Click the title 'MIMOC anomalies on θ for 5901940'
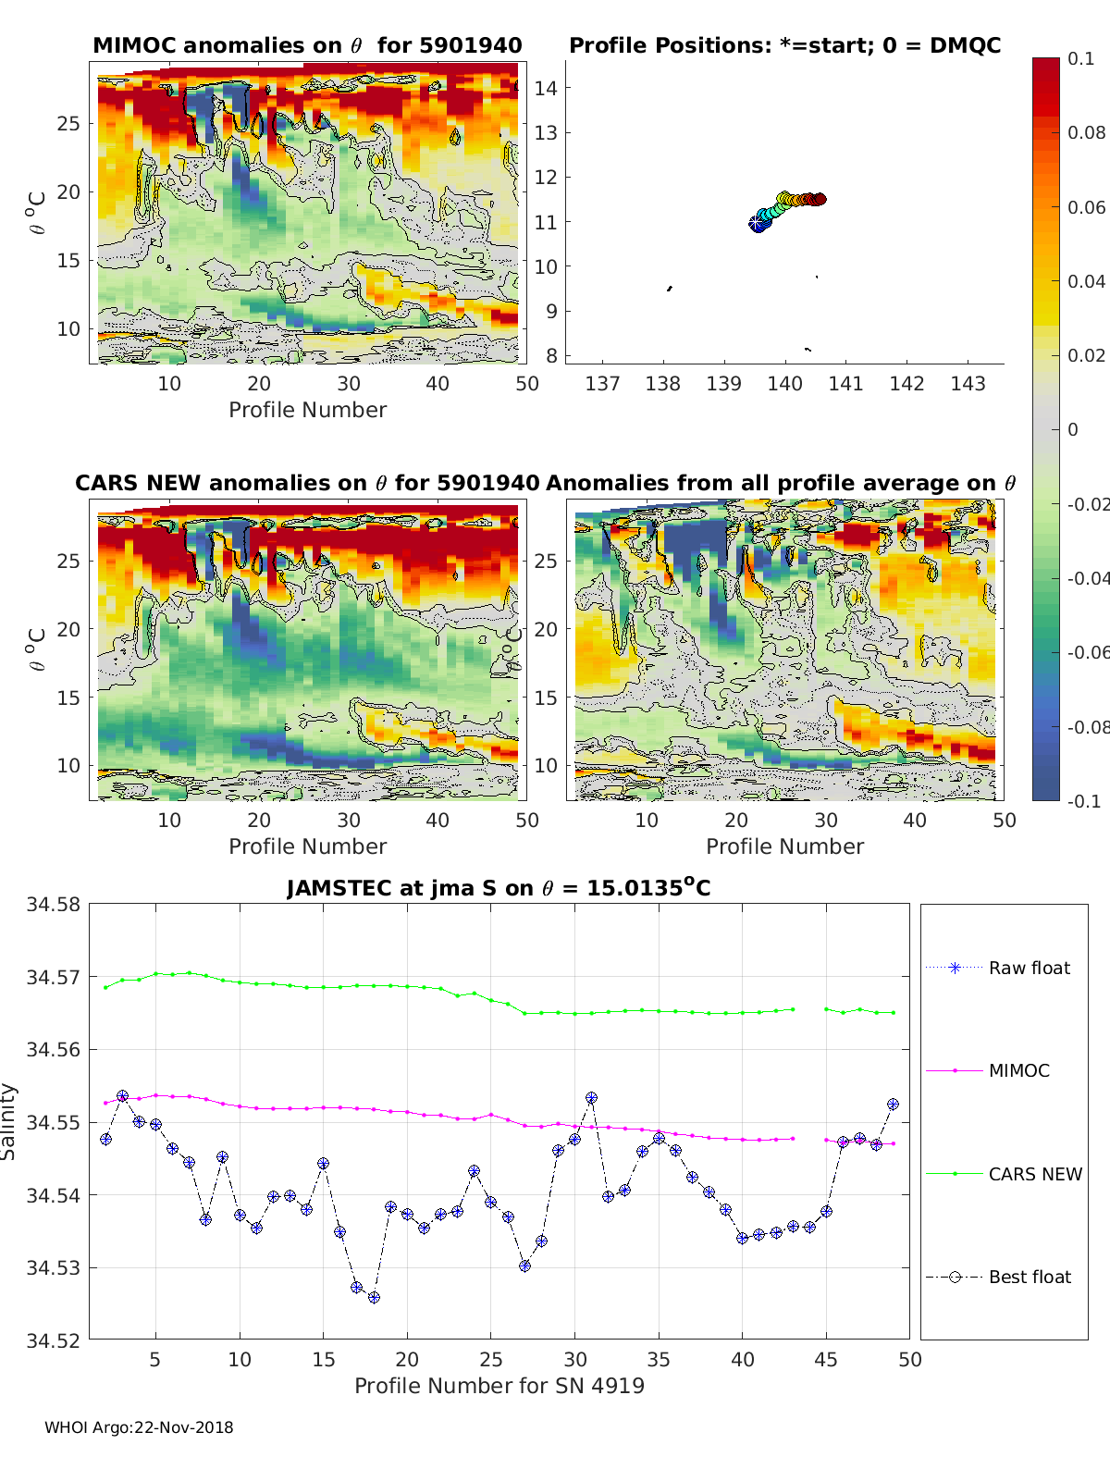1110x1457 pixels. click(x=307, y=45)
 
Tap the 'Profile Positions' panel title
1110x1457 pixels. click(x=784, y=45)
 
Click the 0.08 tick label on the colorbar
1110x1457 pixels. click(x=1086, y=132)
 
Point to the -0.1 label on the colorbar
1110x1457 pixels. click(x=1084, y=801)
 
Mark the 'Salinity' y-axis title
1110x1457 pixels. click(x=9, y=1121)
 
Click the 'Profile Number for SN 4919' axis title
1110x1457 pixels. click(x=499, y=1385)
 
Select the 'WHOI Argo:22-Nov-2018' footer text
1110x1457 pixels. click(x=139, y=1427)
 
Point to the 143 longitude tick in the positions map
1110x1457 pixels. click(x=968, y=383)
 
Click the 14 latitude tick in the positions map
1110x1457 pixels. click(x=546, y=89)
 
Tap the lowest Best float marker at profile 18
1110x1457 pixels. click(x=374, y=1298)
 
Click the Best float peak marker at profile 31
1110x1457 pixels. click(x=592, y=1098)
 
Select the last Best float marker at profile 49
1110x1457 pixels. click(x=894, y=1105)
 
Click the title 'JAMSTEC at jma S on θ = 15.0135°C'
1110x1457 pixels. click(x=499, y=888)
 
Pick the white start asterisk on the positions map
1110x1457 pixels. click(x=757, y=223)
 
